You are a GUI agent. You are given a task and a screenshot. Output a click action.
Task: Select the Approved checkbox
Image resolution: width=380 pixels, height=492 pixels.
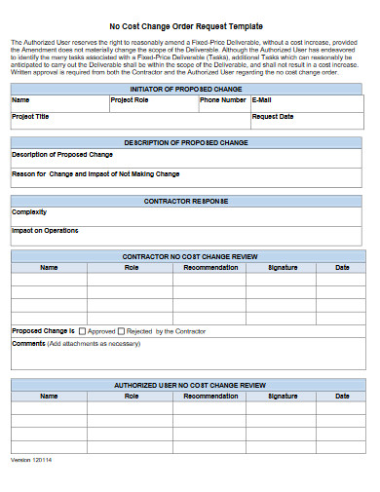coord(82,331)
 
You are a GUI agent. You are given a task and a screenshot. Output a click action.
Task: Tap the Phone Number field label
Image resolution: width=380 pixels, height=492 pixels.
coord(223,100)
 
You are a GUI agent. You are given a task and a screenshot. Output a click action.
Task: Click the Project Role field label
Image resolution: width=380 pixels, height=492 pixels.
coord(129,100)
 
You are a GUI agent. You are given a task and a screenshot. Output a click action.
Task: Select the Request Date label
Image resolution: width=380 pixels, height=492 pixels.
coord(272,116)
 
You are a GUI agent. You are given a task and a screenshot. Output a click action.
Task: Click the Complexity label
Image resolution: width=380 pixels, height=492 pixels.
coord(28,211)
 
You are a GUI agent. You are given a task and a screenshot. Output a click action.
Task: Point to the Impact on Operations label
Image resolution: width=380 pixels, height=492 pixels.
coord(45,231)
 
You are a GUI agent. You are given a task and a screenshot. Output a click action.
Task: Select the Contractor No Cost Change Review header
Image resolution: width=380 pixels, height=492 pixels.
coord(189,256)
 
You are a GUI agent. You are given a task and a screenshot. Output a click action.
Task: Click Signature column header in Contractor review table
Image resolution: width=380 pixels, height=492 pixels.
coord(283,267)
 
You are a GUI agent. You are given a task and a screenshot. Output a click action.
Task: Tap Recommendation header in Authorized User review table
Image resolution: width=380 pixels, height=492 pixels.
coord(210,397)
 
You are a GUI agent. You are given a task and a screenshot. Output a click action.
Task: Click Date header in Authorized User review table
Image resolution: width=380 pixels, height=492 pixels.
coord(342,397)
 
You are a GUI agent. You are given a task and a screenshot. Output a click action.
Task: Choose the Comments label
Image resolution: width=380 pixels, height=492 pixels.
coord(28,343)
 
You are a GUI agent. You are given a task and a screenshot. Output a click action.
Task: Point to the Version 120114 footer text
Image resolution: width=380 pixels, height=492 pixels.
coord(31,459)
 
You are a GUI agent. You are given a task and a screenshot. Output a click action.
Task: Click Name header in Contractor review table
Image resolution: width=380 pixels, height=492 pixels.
coord(49,267)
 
